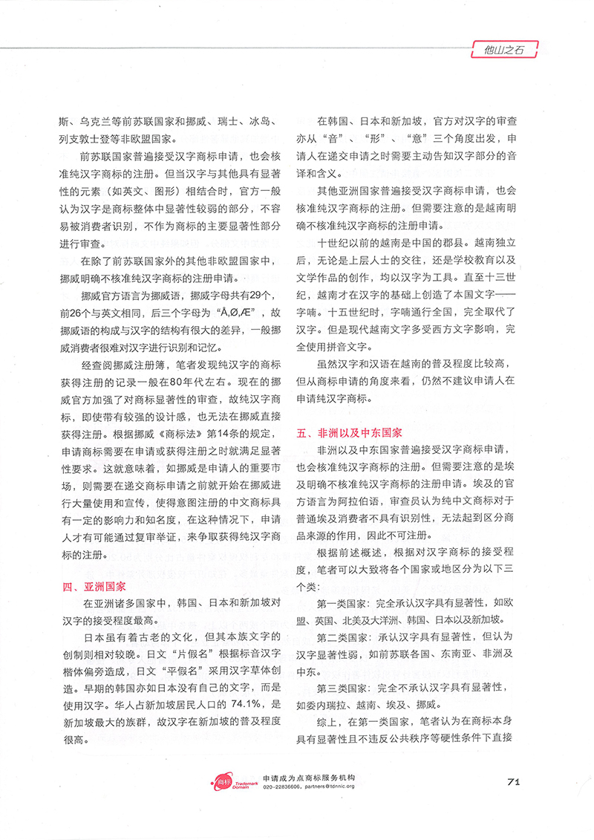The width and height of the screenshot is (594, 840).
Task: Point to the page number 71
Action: click(x=517, y=780)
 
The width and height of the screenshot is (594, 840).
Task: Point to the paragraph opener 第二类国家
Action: click(x=347, y=637)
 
